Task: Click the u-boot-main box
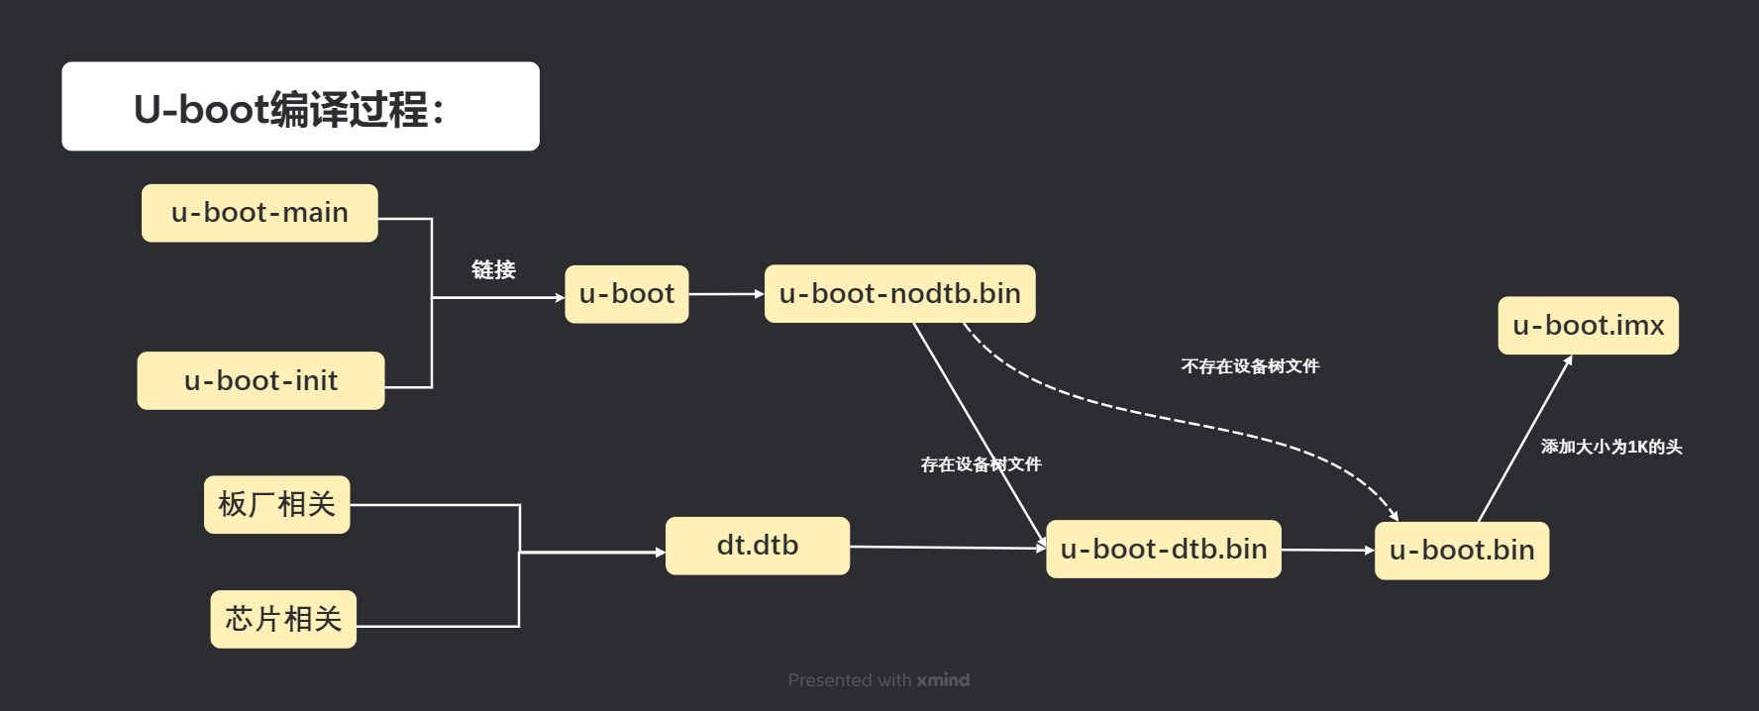pyautogui.click(x=259, y=213)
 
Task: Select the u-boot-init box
pyautogui.click(x=260, y=380)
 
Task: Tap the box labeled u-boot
pyautogui.click(x=626, y=294)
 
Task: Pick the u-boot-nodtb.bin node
pyautogui.click(x=899, y=293)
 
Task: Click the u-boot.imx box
pyautogui.click(x=1588, y=325)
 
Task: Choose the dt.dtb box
pyautogui.click(x=757, y=546)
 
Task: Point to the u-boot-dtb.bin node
pyautogui.click(x=1163, y=549)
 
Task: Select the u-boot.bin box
pyautogui.click(x=1461, y=551)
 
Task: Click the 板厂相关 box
pyautogui.click(x=276, y=505)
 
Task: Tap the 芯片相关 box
pyautogui.click(x=283, y=619)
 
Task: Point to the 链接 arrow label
pyautogui.click(x=493, y=269)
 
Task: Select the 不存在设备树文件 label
pyautogui.click(x=1250, y=366)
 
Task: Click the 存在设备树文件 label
pyautogui.click(x=981, y=464)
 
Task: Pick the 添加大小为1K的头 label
pyautogui.click(x=1610, y=447)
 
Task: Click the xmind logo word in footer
pyautogui.click(x=943, y=680)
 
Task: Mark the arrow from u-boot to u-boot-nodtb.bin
pyautogui.click(x=726, y=294)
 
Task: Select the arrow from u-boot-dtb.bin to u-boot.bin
pyautogui.click(x=1327, y=550)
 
